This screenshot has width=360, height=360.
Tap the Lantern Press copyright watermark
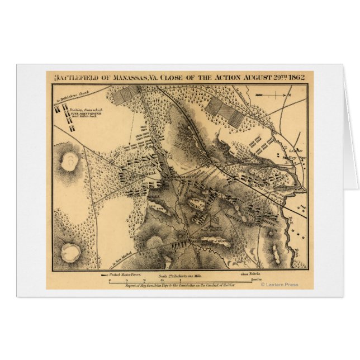[x=280, y=285]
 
